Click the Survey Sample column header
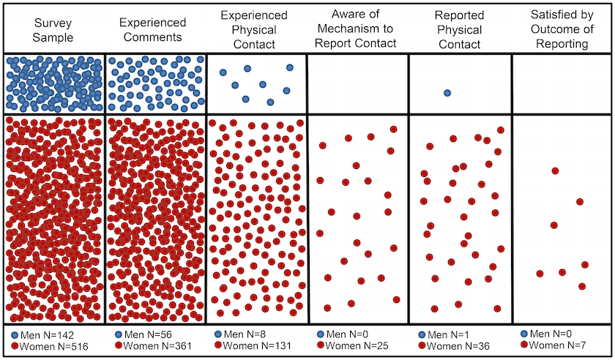point(53,30)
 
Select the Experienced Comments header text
point(152,30)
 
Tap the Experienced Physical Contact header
point(254,30)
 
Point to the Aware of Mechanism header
point(355,29)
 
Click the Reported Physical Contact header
point(459,30)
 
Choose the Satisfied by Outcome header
point(562,29)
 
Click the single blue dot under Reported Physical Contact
point(447,93)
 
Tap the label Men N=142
point(47,335)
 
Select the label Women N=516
point(53,347)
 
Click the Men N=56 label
point(148,334)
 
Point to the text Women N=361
point(157,346)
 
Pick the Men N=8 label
point(245,334)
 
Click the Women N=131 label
point(257,345)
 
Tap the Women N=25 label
point(357,345)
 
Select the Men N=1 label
point(448,334)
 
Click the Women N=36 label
point(458,346)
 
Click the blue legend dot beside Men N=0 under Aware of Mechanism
point(320,334)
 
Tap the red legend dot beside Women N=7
point(524,345)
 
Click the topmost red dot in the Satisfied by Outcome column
point(555,170)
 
